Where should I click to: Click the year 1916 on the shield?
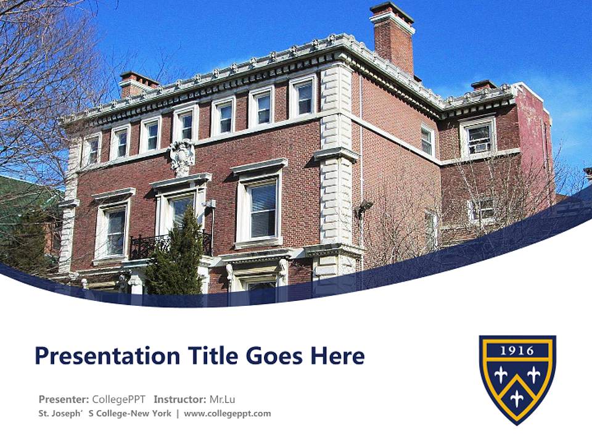517,351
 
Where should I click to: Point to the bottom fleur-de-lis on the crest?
517,398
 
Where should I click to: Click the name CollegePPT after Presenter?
118,398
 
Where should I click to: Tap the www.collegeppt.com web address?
227,414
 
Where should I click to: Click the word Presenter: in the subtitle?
64,398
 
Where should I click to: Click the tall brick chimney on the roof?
393,38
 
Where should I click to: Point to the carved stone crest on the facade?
181,157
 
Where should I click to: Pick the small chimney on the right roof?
483,85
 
